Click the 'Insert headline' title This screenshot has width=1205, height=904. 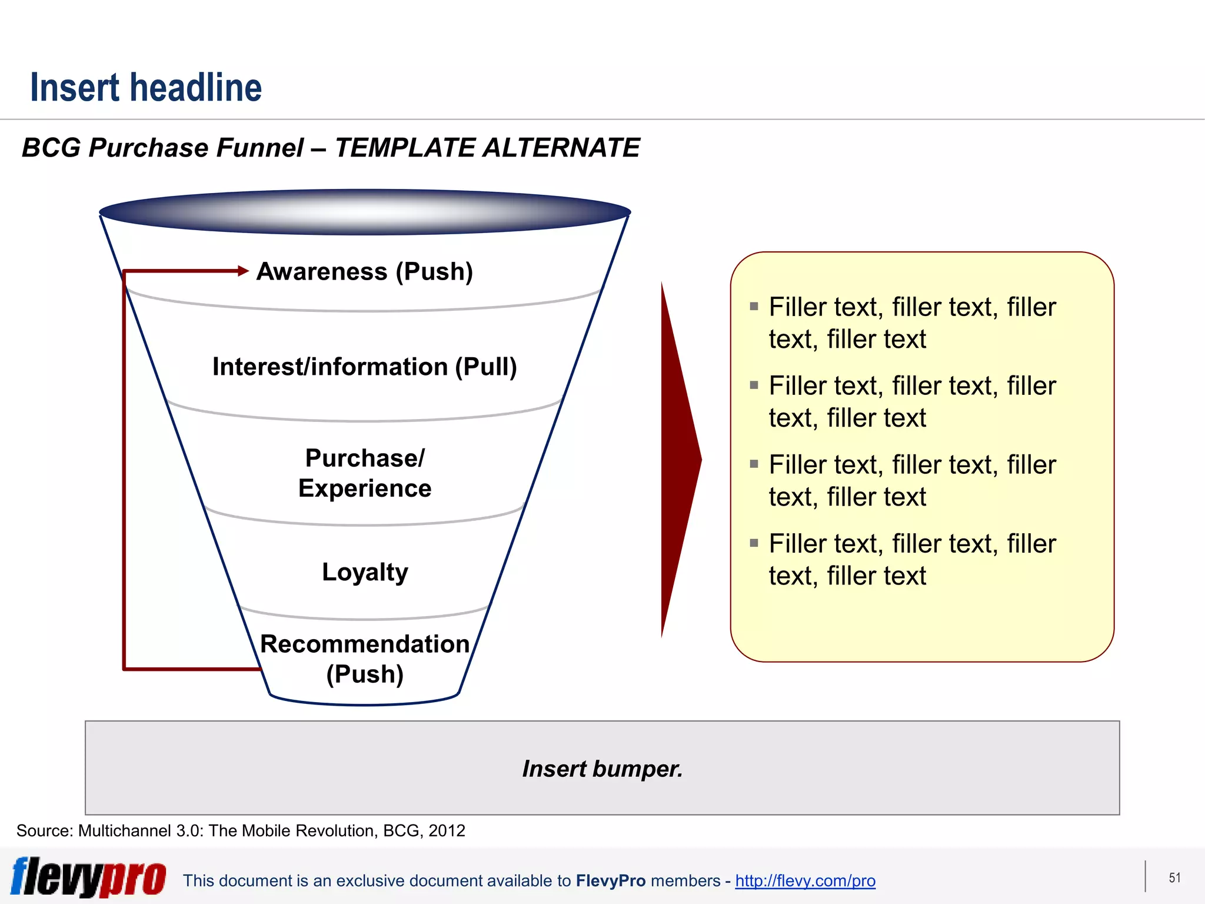coord(146,88)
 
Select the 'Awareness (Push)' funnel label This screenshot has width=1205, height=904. coord(364,272)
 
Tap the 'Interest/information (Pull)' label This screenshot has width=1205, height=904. coord(364,367)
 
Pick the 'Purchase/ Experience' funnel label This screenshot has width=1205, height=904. coord(364,473)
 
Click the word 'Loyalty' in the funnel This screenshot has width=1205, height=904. coord(364,572)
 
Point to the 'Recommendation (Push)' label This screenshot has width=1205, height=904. coord(364,659)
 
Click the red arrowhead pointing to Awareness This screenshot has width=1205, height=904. coord(243,271)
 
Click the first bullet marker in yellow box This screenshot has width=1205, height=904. coord(754,306)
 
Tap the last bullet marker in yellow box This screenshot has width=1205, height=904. coord(754,543)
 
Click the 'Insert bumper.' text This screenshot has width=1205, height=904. coord(602,769)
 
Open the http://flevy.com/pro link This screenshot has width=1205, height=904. coord(805,880)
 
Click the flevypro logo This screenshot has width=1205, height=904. coord(88,877)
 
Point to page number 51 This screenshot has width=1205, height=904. coord(1174,878)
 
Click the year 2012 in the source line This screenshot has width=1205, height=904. coord(447,830)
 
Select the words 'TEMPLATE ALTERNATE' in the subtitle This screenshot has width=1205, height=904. coord(487,148)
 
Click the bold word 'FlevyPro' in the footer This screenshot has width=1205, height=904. coord(610,880)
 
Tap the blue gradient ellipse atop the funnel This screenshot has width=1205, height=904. coord(365,212)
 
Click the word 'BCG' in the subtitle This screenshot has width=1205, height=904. coord(51,148)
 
